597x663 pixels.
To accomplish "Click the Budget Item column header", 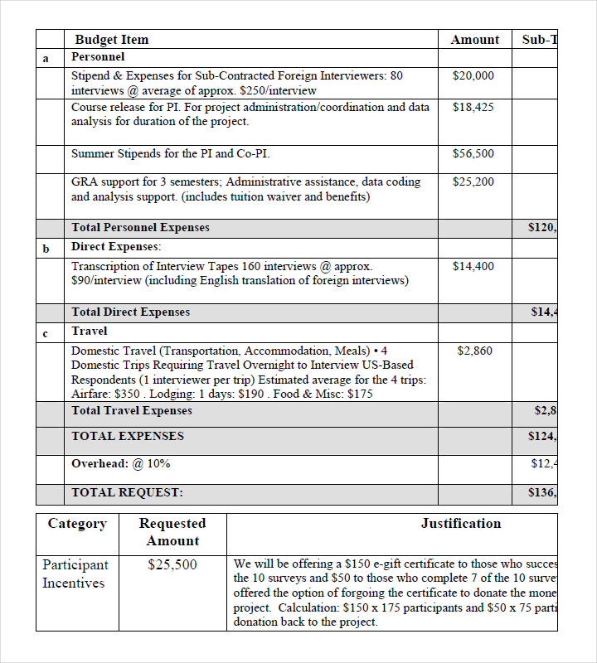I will pos(112,40).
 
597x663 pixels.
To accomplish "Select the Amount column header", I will pos(474,40).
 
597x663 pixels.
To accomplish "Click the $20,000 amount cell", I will pos(473,75).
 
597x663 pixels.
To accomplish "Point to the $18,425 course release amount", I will pos(473,107).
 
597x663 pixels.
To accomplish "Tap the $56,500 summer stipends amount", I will pos(473,153).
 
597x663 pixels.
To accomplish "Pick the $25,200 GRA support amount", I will pos(473,181).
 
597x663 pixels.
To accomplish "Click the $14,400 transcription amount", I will pos(473,266).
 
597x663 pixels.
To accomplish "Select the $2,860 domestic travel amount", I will pos(474,351).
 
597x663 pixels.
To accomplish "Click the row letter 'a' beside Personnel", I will pos(46,58).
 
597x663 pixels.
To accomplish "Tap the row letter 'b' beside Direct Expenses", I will pos(46,248).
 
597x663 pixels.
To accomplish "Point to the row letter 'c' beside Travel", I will pos(46,332).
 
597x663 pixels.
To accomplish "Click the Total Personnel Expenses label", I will pos(140,227).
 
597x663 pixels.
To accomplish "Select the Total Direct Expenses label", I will pos(130,312).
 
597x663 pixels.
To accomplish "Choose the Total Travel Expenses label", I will pos(132,410).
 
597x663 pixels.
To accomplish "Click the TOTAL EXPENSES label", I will pos(128,436).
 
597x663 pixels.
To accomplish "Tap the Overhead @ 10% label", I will pos(120,463).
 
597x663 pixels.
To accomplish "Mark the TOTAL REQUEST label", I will pos(127,492).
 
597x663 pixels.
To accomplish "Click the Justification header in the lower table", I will pos(460,523).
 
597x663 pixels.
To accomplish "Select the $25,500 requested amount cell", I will pos(172,565).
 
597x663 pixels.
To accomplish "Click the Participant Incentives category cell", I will pos(75,573).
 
